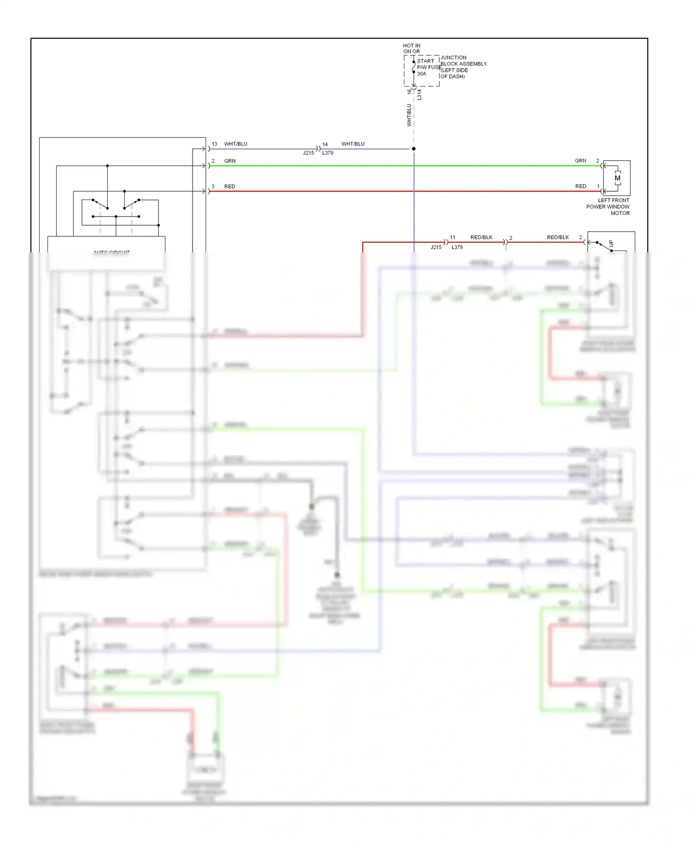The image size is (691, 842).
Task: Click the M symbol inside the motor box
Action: click(x=617, y=178)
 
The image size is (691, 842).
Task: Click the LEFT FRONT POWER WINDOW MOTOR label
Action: click(x=608, y=207)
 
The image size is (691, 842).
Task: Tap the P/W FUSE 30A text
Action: click(x=428, y=70)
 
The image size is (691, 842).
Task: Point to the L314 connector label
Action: click(x=419, y=95)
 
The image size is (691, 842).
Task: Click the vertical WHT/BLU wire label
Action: click(x=409, y=115)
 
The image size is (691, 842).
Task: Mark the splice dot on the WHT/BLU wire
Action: click(x=414, y=149)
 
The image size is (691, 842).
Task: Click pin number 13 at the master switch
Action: click(x=214, y=144)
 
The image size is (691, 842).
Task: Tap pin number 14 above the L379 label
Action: click(x=325, y=145)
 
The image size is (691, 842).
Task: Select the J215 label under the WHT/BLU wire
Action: click(x=308, y=153)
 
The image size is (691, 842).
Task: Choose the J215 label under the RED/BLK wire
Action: click(x=436, y=247)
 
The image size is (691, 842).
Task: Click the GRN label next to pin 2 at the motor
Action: click(x=580, y=161)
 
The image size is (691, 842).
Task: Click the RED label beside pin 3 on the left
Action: click(x=229, y=187)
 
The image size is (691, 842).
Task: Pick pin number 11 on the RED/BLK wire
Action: click(x=452, y=238)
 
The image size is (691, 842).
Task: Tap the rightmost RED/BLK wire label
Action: click(x=557, y=238)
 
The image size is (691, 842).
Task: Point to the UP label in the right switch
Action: click(x=611, y=243)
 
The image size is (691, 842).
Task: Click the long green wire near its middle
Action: click(x=405, y=166)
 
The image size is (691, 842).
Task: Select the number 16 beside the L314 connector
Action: click(x=409, y=91)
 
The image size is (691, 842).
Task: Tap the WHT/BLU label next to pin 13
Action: click(x=235, y=144)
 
